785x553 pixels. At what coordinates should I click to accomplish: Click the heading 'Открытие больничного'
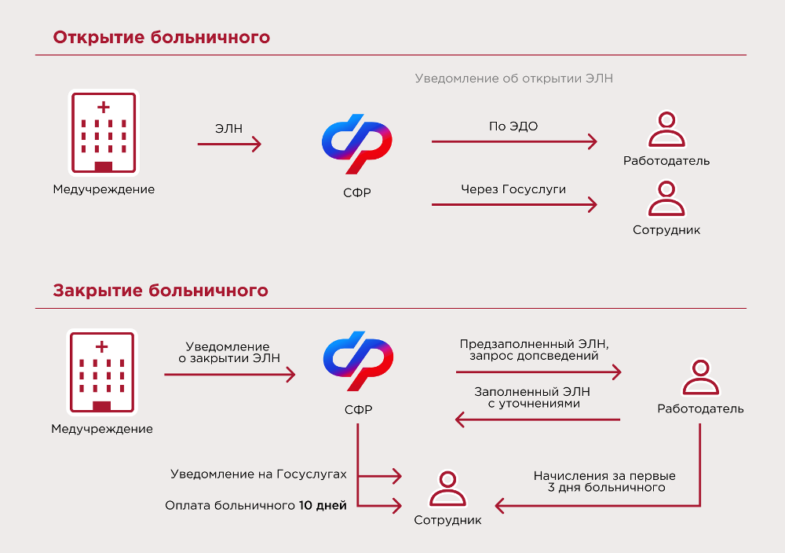162,38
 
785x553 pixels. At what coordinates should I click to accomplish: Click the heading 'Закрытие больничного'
161,291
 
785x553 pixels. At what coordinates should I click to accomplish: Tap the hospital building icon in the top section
104,132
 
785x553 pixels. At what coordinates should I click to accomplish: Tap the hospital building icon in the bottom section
102,372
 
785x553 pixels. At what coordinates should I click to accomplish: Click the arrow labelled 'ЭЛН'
229,144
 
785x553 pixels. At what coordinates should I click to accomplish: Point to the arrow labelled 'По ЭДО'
514,142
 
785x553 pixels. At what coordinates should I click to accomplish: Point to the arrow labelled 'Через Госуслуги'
514,206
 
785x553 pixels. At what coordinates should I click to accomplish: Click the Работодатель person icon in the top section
666,130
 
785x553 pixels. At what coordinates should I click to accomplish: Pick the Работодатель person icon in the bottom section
700,378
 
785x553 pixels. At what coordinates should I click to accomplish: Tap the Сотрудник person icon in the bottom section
447,490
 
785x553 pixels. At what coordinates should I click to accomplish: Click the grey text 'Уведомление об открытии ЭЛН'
513,79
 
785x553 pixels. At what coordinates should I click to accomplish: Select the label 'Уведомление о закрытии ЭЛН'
228,353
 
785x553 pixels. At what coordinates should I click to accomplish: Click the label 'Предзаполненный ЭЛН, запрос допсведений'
535,350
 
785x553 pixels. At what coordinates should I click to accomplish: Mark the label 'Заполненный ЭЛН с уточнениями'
532,397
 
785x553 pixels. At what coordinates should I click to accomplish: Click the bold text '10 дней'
323,505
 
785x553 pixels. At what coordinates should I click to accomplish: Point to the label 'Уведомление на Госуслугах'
258,474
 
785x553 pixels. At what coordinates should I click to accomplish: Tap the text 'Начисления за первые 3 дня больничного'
604,482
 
